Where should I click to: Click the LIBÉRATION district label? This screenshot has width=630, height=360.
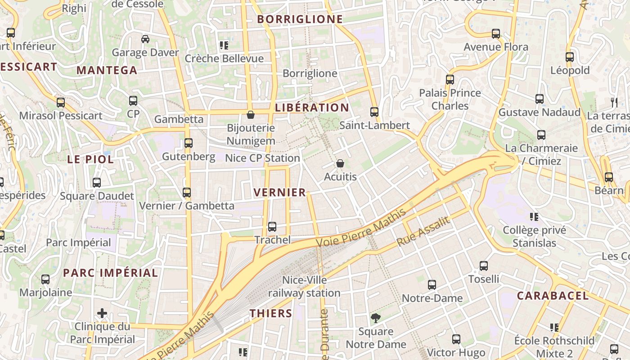(x=312, y=108)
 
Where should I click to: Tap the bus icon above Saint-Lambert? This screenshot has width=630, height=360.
(x=374, y=112)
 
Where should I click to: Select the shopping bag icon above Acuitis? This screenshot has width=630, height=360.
(x=340, y=163)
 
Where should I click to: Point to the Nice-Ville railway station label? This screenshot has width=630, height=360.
(x=304, y=287)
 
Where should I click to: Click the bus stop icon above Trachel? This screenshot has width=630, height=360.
(x=272, y=227)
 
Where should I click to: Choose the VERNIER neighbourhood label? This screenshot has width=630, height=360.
(x=279, y=193)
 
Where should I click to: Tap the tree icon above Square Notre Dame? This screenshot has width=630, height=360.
(x=375, y=318)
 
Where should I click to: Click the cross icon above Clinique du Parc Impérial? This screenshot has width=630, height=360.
(x=102, y=313)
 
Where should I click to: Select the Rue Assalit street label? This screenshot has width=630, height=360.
(x=423, y=231)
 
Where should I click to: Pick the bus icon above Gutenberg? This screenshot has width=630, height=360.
(x=189, y=143)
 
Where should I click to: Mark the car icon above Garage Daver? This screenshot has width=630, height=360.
(x=145, y=39)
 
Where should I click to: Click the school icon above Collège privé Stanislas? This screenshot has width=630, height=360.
(x=534, y=217)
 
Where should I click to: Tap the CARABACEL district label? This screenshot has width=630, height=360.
(x=553, y=296)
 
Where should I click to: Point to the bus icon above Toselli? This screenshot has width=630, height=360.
(x=484, y=266)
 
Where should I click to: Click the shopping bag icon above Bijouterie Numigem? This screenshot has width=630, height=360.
(x=251, y=115)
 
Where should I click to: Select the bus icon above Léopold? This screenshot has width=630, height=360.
(x=570, y=57)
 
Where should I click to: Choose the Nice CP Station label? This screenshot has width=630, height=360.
(x=262, y=158)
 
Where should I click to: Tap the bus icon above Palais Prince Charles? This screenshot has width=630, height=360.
(x=450, y=80)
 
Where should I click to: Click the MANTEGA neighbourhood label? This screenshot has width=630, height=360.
(x=107, y=70)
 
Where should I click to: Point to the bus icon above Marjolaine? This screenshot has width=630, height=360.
(x=45, y=279)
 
